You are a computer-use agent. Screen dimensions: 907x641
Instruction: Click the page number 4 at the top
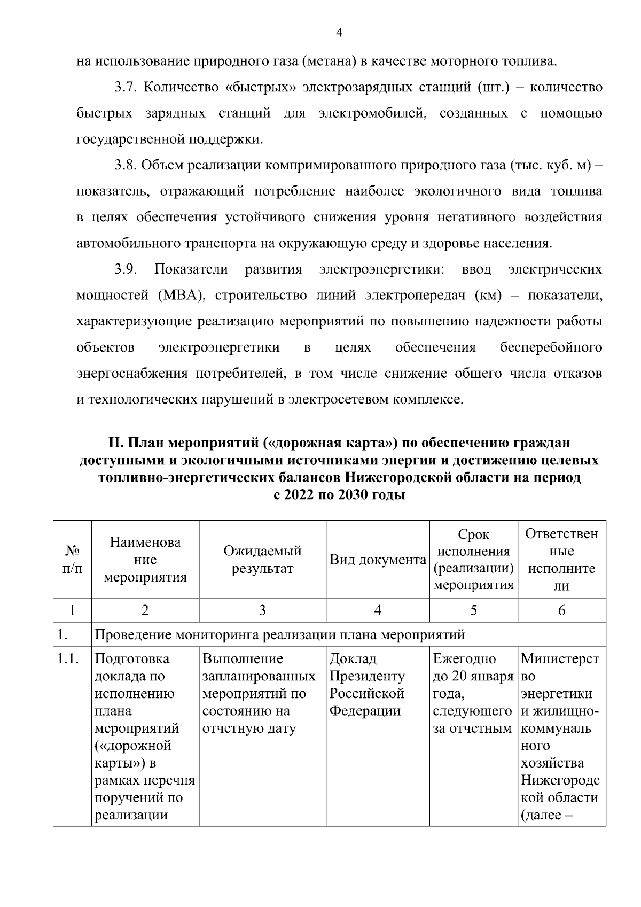coord(339,33)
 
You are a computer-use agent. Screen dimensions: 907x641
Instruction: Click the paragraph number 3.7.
coord(126,87)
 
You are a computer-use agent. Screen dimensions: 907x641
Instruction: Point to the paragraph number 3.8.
coord(126,165)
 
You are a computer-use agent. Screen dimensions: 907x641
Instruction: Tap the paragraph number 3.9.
coord(126,269)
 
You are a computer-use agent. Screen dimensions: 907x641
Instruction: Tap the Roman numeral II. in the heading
coord(115,443)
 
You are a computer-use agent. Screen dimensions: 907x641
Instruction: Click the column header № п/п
coord(72,559)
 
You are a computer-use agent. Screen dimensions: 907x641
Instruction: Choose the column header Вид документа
coord(378,560)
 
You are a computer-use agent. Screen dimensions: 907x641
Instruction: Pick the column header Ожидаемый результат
coord(262,559)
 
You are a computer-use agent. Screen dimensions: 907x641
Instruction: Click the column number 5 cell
coord(473,610)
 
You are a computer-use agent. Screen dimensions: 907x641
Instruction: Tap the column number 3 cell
coord(262,610)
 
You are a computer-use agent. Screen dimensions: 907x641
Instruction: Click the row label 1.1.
coord(68,660)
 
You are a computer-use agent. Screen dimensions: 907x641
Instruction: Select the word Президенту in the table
coord(367,677)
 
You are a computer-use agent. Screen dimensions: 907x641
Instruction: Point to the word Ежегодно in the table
coord(464,659)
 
